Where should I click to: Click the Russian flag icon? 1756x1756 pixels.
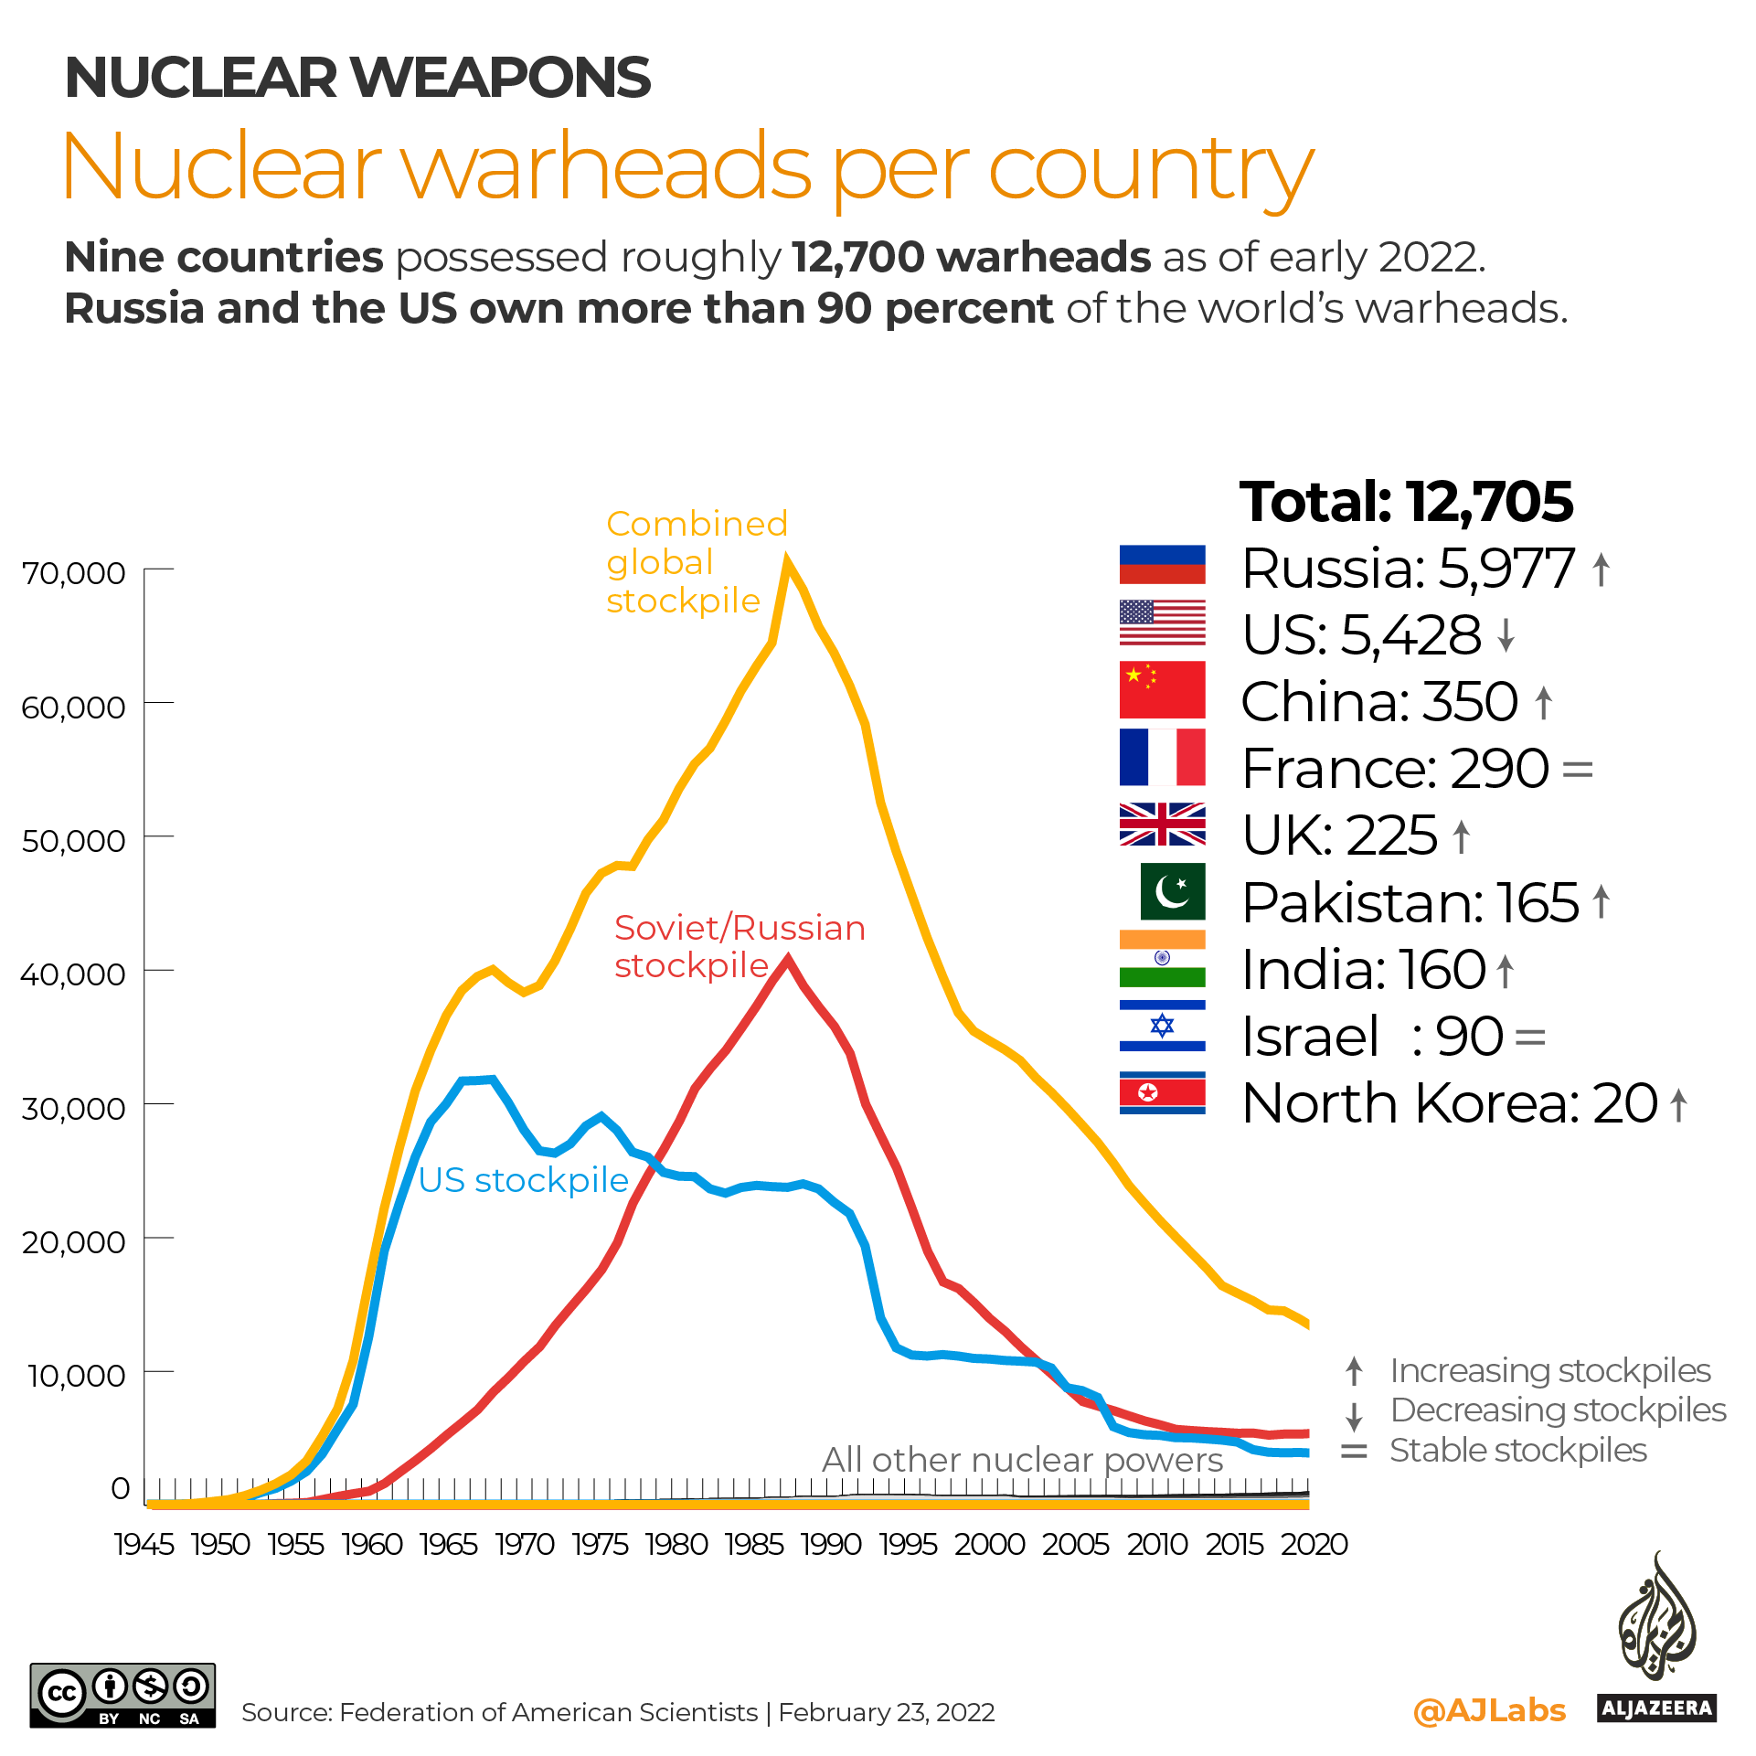pyautogui.click(x=1162, y=564)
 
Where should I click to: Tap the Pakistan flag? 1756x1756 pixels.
pyautogui.click(x=1172, y=891)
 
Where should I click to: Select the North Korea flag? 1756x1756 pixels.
pyautogui.click(x=1162, y=1092)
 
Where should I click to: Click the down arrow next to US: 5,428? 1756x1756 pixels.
pyautogui.click(x=1506, y=634)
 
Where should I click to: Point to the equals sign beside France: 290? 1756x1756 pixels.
pyautogui.click(x=1578, y=769)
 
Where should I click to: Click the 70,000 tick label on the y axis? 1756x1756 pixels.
pyautogui.click(x=73, y=573)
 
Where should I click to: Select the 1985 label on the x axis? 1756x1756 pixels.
pyautogui.click(x=753, y=1544)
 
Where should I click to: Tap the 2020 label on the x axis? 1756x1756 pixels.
pyautogui.click(x=1314, y=1544)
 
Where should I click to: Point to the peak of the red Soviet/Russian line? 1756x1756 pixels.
pyautogui.click(x=787, y=958)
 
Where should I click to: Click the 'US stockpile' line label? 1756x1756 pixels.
pyautogui.click(x=523, y=1180)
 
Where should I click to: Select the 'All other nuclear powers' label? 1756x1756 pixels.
pyautogui.click(x=1022, y=1460)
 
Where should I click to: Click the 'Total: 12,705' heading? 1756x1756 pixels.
pyautogui.click(x=1406, y=502)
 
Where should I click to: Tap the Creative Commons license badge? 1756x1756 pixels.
pyautogui.click(x=122, y=1695)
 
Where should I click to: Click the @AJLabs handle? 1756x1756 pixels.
pyautogui.click(x=1489, y=1710)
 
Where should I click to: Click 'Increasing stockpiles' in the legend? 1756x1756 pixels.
pyautogui.click(x=1549, y=1371)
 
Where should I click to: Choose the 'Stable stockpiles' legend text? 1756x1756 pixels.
pyautogui.click(x=1517, y=1451)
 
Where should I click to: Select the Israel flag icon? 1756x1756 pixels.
pyautogui.click(x=1162, y=1026)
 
